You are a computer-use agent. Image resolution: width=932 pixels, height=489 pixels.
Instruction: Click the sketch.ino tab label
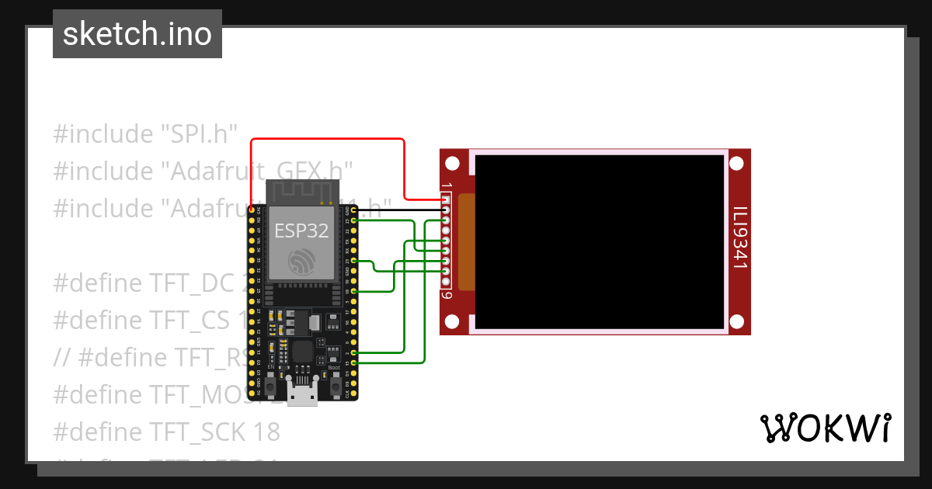click(137, 34)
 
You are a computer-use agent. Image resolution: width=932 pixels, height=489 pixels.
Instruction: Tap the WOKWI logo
click(824, 428)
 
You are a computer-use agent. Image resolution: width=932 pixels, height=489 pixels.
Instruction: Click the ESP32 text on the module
click(301, 230)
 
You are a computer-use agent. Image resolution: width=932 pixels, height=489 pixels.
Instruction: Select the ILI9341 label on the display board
click(740, 238)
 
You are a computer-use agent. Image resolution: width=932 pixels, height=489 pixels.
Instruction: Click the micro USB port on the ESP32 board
click(302, 394)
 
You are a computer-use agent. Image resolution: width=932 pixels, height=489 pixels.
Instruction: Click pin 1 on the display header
click(446, 200)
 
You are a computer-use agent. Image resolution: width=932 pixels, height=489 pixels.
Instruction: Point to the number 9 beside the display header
click(447, 295)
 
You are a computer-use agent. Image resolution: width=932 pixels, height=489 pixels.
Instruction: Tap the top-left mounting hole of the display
click(454, 163)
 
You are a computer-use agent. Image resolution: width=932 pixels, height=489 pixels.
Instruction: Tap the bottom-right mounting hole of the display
click(737, 321)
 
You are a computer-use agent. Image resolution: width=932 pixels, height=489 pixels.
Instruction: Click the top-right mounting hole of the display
click(737, 163)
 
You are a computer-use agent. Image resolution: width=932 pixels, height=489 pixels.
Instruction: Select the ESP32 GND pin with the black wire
click(354, 210)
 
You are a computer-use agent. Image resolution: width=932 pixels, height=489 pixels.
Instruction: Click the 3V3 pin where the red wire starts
click(251, 210)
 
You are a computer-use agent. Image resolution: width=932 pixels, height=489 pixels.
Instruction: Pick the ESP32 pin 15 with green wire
click(354, 362)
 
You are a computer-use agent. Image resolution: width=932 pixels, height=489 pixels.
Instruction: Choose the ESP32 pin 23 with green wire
click(354, 221)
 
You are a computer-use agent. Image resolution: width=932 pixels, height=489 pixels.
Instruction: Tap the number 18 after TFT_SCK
click(265, 432)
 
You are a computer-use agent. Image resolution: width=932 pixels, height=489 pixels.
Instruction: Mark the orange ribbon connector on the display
click(466, 242)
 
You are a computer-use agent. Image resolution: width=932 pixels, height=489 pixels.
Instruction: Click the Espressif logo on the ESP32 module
click(301, 262)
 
